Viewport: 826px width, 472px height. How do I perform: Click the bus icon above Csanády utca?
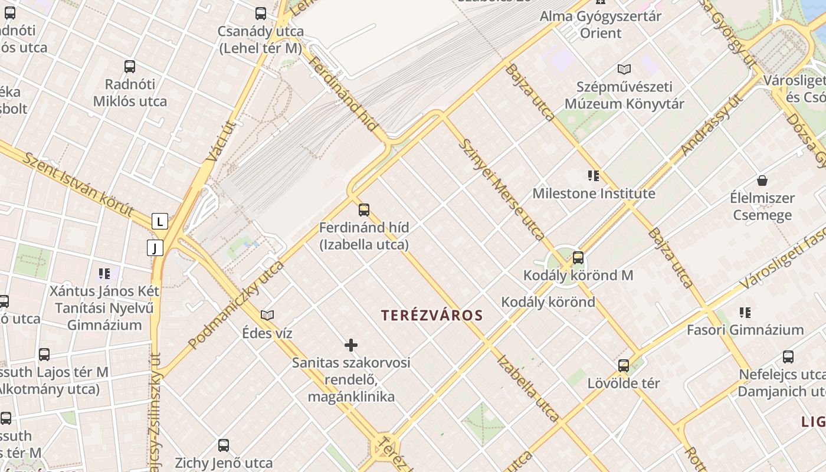point(261,13)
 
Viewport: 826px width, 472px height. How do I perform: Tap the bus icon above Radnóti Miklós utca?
point(130,67)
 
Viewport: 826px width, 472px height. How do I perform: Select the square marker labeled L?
point(160,222)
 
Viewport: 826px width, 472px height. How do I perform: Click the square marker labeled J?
point(155,248)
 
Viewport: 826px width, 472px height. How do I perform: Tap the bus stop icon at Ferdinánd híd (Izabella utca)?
point(364,209)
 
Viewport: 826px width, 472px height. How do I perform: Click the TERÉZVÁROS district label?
point(432,316)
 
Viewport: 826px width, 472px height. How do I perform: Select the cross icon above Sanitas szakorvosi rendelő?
point(351,345)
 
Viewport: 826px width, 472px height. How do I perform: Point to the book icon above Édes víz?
point(267,315)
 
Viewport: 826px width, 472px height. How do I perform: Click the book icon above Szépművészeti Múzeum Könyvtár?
point(624,69)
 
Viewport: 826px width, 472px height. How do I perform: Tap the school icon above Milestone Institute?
point(594,175)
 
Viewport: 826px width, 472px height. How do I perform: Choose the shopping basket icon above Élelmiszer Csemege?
point(762,180)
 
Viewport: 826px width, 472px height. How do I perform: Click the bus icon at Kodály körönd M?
point(578,258)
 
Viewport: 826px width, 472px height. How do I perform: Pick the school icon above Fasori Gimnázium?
point(745,312)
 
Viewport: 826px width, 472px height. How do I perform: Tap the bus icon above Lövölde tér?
point(624,366)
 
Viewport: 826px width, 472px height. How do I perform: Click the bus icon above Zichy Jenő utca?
point(224,445)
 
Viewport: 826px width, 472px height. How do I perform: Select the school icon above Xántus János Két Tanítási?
point(104,273)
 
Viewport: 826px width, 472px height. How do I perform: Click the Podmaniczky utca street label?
point(236,304)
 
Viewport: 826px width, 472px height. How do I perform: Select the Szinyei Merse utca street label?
point(501,189)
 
